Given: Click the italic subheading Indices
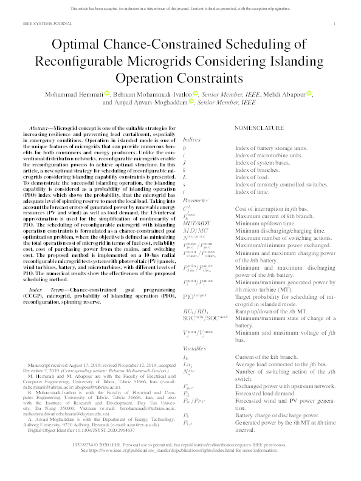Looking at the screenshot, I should (x=192, y=139).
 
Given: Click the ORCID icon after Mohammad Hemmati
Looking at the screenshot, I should (x=108, y=94).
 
